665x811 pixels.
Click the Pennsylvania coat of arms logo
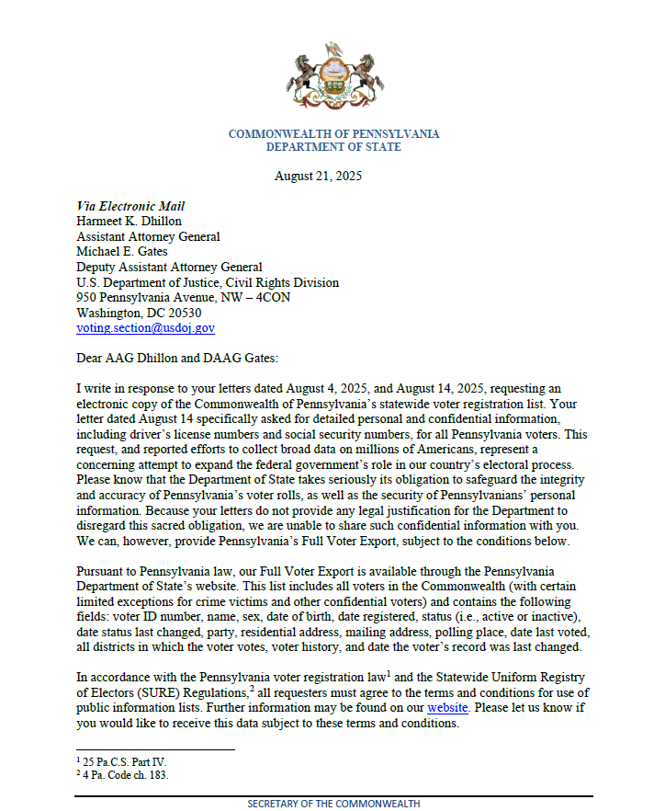click(x=332, y=77)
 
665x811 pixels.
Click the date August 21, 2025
click(x=318, y=176)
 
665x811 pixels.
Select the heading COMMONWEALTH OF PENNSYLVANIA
click(x=333, y=134)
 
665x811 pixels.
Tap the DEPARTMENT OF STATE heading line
click(x=333, y=147)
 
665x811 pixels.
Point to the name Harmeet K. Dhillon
click(x=130, y=222)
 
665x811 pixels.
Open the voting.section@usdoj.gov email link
click(x=145, y=327)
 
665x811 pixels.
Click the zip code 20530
click(x=182, y=313)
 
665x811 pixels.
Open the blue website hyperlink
click(x=448, y=707)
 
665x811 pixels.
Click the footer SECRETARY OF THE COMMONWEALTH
click(x=333, y=804)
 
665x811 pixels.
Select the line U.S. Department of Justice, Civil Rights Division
click(x=207, y=282)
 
